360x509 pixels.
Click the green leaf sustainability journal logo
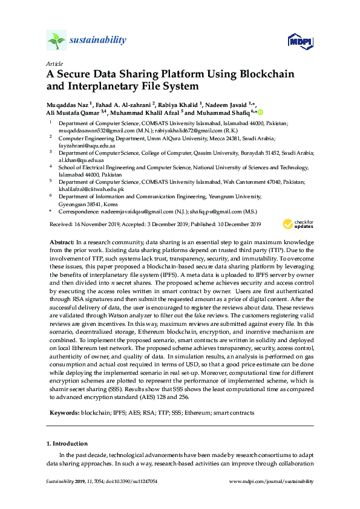[56, 41]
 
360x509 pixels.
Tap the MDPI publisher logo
[299, 41]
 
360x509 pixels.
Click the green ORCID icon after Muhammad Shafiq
[261, 112]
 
